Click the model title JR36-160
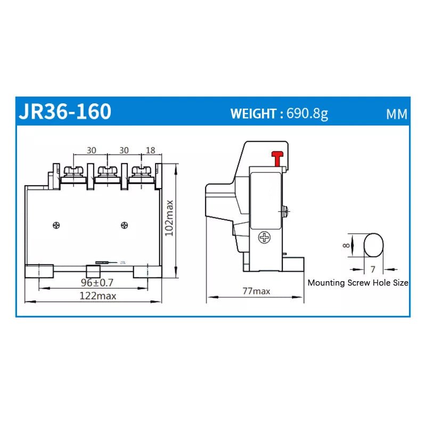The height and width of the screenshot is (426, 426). click(65, 112)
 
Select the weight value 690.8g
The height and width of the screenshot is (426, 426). click(307, 113)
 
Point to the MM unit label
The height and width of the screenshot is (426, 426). click(397, 114)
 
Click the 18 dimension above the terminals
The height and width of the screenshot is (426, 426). click(150, 150)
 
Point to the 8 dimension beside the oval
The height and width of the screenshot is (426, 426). click(347, 245)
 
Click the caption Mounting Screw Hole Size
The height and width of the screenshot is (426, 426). click(358, 283)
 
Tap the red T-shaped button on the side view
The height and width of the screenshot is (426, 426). click(276, 158)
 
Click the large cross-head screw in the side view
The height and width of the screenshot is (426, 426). click(264, 237)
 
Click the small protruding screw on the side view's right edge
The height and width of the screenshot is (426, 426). click(287, 212)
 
